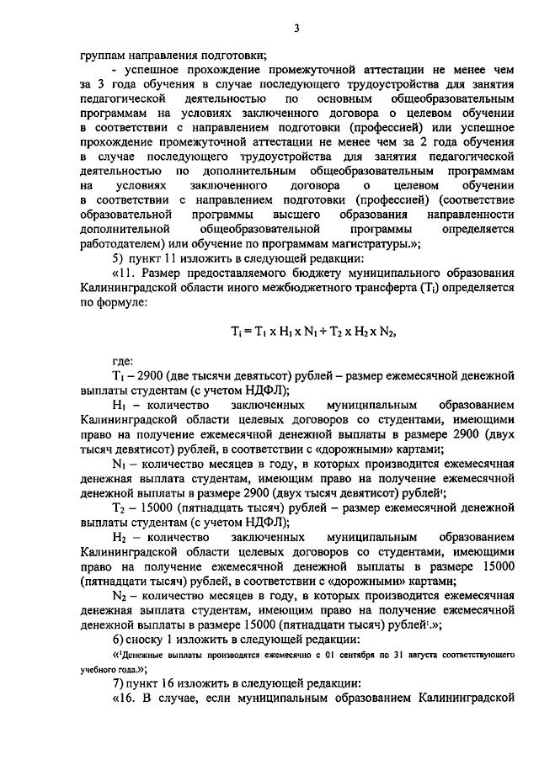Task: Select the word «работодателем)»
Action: coord(121,243)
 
